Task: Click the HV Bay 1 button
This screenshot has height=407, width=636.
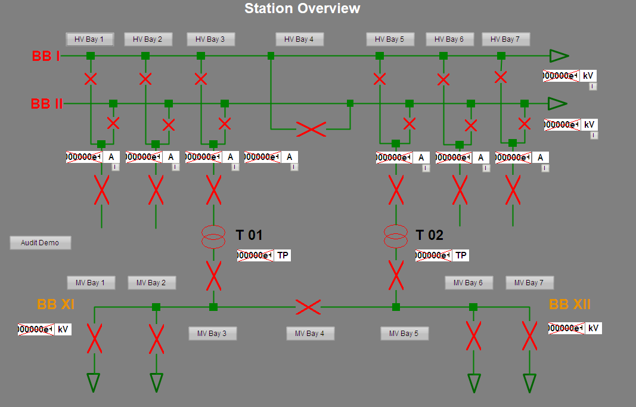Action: (x=89, y=39)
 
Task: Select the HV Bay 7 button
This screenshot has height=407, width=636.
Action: (x=505, y=39)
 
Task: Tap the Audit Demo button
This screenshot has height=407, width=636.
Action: (x=40, y=243)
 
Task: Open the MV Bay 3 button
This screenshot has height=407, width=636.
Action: (x=212, y=334)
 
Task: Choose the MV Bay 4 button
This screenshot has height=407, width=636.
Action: (x=310, y=334)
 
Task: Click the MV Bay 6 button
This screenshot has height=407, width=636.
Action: (x=469, y=283)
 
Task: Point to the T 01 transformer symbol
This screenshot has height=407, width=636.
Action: (x=213, y=236)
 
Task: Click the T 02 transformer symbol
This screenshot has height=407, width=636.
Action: (x=396, y=236)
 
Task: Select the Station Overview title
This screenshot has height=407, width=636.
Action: (x=302, y=8)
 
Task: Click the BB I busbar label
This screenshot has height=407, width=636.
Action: (x=46, y=56)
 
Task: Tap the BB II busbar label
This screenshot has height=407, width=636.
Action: (x=46, y=104)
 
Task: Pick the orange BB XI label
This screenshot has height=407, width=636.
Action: (x=55, y=304)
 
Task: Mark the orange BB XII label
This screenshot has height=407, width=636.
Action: (x=570, y=304)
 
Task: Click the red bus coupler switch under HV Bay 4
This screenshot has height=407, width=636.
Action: (x=311, y=129)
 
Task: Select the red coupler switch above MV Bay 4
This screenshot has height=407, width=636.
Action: (x=308, y=307)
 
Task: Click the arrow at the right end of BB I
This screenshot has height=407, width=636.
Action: (x=559, y=55)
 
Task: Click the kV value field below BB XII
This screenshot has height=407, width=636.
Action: (x=566, y=328)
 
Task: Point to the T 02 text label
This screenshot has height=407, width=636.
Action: (x=429, y=235)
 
